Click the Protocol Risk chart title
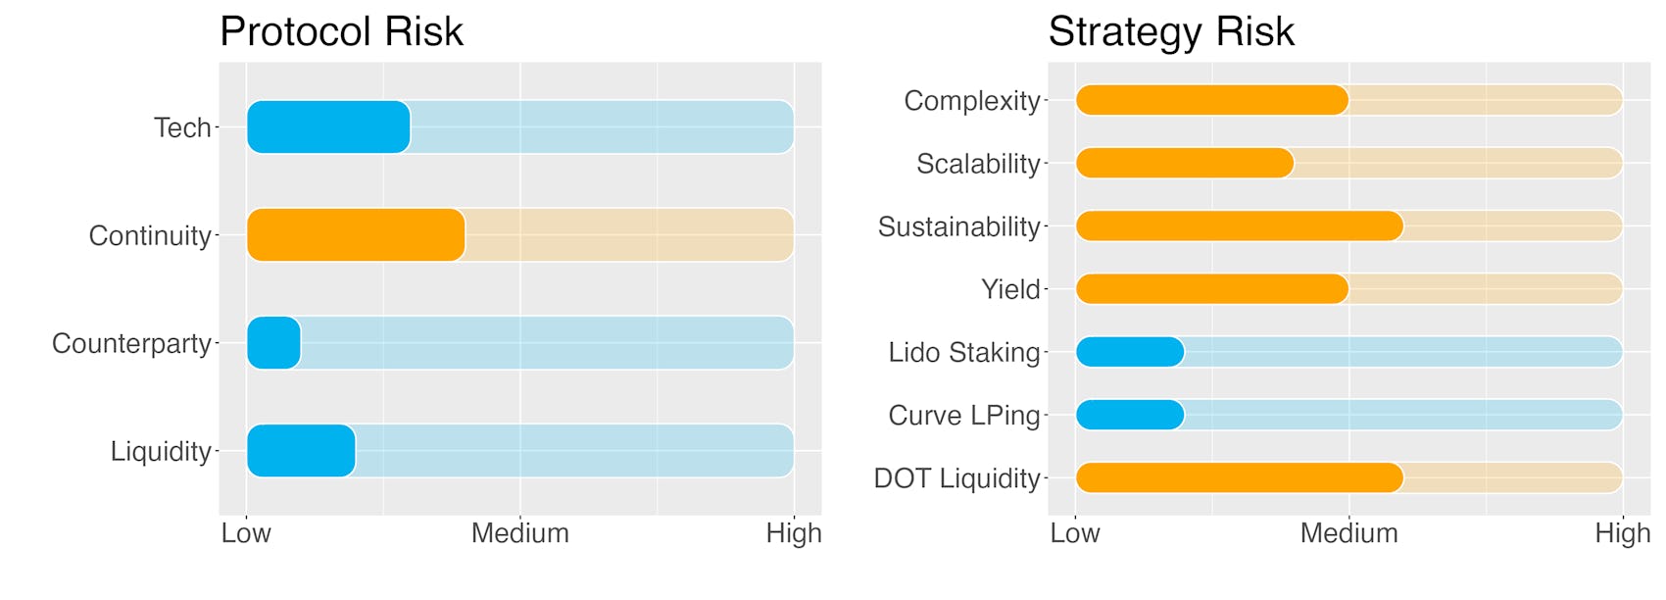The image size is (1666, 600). (x=341, y=31)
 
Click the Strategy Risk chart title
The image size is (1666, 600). (x=1171, y=32)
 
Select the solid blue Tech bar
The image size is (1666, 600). (x=328, y=127)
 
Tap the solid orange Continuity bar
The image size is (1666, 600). (x=357, y=235)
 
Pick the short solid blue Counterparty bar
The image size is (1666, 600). (x=273, y=343)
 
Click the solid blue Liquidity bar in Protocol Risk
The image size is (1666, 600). (x=301, y=451)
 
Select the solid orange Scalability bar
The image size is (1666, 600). (x=1185, y=163)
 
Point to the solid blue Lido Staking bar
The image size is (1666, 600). (x=1130, y=352)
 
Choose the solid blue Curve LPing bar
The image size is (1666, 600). (x=1130, y=415)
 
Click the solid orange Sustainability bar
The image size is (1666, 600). (x=1240, y=226)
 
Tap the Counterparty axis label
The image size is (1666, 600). (x=131, y=344)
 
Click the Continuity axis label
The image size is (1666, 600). (x=150, y=236)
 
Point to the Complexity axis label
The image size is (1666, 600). (x=972, y=101)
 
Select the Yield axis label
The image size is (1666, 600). (x=1010, y=289)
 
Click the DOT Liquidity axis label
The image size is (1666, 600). (x=957, y=478)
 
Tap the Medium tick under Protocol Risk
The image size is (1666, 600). (x=520, y=533)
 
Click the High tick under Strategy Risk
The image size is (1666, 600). (x=1622, y=533)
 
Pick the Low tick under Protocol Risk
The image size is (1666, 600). (x=247, y=533)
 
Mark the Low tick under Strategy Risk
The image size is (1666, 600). (x=1075, y=533)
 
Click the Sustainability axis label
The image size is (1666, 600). (x=959, y=227)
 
